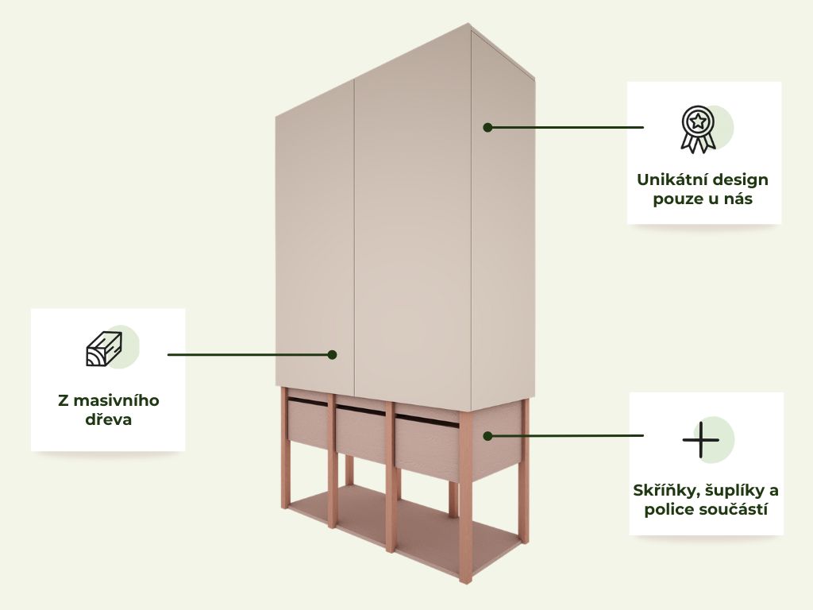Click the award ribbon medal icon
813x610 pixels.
tap(698, 129)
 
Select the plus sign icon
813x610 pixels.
tap(700, 440)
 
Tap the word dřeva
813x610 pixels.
tap(108, 419)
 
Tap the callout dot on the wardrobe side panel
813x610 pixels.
tap(487, 127)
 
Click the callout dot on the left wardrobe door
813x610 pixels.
tap(333, 355)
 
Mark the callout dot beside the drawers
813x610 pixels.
tap(487, 436)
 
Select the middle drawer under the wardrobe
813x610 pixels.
tap(361, 433)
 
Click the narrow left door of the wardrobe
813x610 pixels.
tap(315, 244)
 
